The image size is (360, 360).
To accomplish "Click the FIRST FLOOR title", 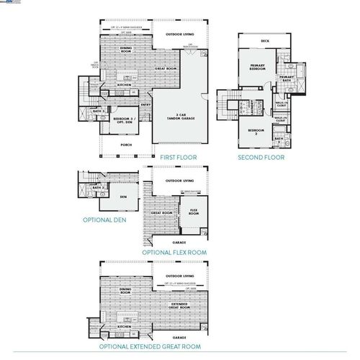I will tap(179, 156).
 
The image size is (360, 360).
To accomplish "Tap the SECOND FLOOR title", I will tap(261, 156).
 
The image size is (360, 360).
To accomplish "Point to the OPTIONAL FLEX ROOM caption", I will tap(174, 253).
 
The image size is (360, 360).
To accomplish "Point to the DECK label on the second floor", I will tap(265, 41).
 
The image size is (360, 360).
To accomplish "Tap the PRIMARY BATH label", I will tap(285, 78).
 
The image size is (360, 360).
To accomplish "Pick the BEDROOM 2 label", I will tap(253, 131).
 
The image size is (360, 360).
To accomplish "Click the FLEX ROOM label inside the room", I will tap(194, 212).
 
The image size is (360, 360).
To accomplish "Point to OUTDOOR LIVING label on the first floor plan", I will tap(179, 35).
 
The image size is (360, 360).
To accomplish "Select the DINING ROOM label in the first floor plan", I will tap(125, 50).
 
